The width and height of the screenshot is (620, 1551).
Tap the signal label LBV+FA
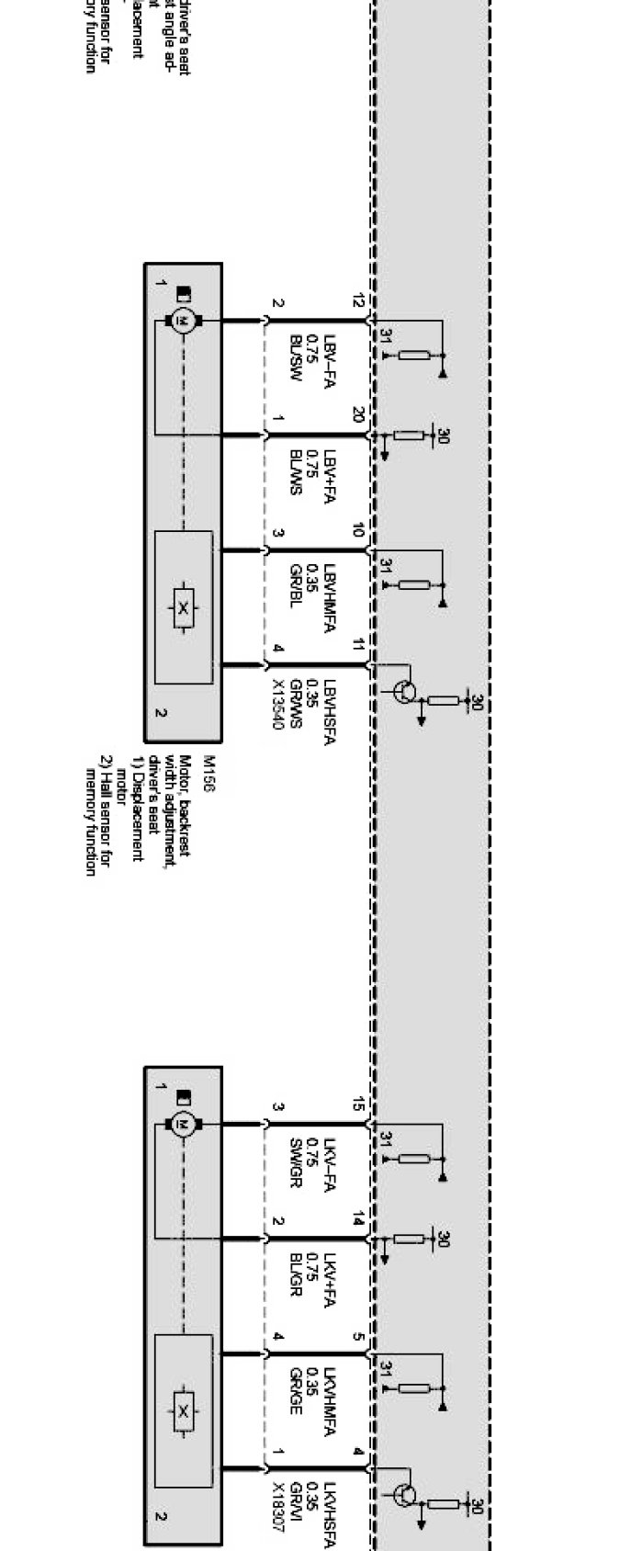pos(328,480)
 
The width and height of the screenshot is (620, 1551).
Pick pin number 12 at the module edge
pos(359,300)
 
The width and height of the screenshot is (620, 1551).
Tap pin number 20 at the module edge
pos(359,416)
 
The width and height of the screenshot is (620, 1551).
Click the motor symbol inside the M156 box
pos(183,321)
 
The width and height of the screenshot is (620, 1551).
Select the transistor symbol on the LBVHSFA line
pos(403,692)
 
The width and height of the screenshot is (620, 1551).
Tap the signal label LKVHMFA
pos(328,1399)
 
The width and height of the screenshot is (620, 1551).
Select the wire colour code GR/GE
pos(296,1391)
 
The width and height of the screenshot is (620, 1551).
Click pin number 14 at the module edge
pos(359,1219)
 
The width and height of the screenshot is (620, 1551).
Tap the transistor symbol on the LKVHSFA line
pos(403,1495)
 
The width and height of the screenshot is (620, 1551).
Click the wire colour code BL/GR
pos(296,1274)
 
